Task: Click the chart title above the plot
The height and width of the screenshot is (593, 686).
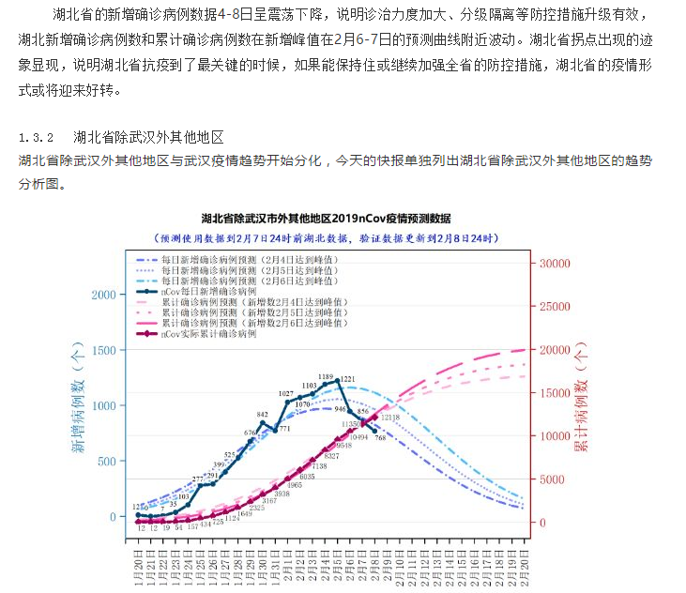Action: [339, 218]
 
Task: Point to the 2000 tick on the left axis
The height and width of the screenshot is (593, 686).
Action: [103, 295]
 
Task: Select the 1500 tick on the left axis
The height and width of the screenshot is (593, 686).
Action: [103, 350]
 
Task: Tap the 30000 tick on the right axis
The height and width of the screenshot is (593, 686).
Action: [556, 264]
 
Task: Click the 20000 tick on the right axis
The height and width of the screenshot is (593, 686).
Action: [556, 350]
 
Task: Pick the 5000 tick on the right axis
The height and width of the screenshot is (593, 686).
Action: [553, 479]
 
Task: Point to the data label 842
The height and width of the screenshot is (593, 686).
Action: [263, 413]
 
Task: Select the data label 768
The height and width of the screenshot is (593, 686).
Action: [380, 438]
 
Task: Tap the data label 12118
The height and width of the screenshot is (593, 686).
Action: [391, 417]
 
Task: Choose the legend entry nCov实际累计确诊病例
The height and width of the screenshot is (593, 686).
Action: [209, 334]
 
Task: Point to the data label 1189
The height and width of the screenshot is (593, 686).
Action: [326, 377]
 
